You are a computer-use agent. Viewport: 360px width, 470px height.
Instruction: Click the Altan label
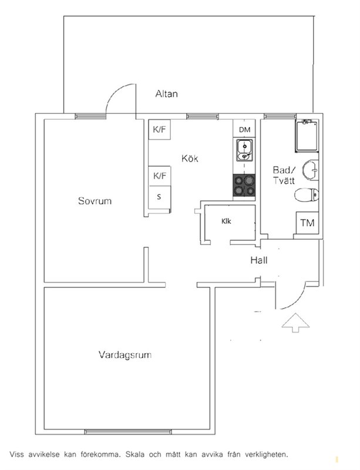pyautogui.click(x=166, y=94)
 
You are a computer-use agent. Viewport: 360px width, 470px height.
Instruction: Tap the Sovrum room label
pyautogui.click(x=95, y=200)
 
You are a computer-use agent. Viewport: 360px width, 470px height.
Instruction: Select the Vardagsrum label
pyautogui.click(x=125, y=355)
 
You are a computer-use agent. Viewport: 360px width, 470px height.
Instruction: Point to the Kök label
pyautogui.click(x=190, y=158)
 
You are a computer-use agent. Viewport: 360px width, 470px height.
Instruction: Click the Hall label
pyautogui.click(x=259, y=260)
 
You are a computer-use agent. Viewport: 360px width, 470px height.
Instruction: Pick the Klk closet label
pyautogui.click(x=226, y=221)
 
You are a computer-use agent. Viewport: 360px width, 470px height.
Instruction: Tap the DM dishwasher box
pyautogui.click(x=244, y=129)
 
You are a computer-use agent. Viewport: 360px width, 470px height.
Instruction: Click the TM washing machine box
pyautogui.click(x=307, y=223)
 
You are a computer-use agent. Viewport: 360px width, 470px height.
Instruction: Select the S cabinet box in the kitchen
pyautogui.click(x=160, y=197)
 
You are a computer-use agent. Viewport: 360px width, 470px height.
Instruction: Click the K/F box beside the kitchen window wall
pyautogui.click(x=160, y=129)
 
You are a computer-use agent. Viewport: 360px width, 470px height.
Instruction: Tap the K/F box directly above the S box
pyautogui.click(x=160, y=176)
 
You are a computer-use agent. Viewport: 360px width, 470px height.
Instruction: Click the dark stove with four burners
pyautogui.click(x=244, y=186)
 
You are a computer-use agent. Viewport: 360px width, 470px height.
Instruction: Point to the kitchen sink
pyautogui.click(x=244, y=150)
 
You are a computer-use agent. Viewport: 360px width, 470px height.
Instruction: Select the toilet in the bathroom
pyautogui.click(x=307, y=195)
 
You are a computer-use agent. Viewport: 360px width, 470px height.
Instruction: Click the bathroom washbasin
pyautogui.click(x=310, y=170)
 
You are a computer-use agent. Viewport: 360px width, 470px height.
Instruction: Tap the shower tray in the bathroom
pyautogui.click(x=307, y=136)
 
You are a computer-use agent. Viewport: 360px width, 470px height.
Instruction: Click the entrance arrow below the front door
pyautogui.click(x=295, y=323)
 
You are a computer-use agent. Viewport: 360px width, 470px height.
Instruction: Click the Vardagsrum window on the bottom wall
pyautogui.click(x=128, y=432)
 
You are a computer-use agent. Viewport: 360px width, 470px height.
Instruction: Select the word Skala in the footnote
pyautogui.click(x=135, y=454)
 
